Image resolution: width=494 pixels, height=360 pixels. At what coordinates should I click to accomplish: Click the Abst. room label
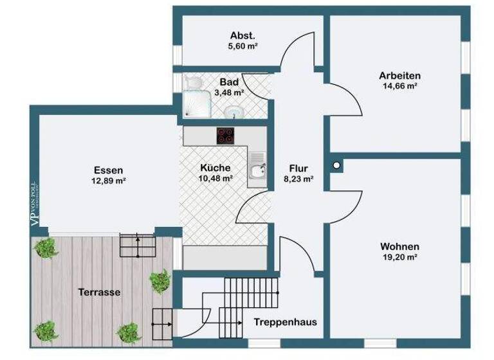point(243,36)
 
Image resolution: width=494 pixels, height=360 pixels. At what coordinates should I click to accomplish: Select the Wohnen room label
point(399,246)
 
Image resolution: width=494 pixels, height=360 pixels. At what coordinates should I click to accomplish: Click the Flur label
point(298,170)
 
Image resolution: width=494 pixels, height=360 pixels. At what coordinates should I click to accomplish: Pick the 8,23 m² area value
point(298,180)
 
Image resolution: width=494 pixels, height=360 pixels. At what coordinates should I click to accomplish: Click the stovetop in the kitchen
point(225,135)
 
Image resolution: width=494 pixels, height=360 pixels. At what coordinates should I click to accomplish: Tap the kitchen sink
point(257,170)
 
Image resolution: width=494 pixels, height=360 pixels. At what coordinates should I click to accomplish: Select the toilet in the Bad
point(192,84)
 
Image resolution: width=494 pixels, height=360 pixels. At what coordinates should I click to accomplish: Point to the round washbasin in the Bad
point(233,113)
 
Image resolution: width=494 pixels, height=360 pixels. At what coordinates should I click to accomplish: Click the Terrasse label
point(100,291)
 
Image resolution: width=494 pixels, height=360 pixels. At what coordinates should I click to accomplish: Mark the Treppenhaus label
point(284,322)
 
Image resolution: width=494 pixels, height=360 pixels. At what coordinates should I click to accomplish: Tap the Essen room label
point(108,170)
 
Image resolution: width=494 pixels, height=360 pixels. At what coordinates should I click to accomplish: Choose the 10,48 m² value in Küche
point(216,179)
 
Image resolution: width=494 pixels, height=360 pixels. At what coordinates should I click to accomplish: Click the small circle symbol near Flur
point(336,165)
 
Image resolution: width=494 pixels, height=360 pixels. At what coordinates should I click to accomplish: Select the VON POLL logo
point(35,203)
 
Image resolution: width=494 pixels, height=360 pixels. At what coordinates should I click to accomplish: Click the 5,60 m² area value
point(243,46)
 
